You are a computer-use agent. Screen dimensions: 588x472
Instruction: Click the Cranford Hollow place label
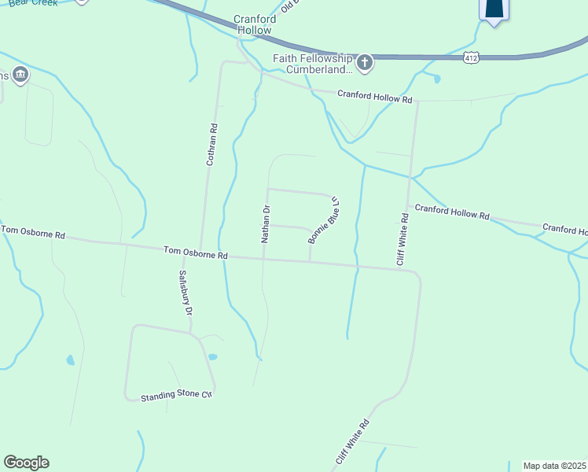coord(252,24)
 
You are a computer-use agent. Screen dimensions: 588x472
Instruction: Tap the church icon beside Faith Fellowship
coord(364,64)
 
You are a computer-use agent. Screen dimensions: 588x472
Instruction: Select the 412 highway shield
coord(471,58)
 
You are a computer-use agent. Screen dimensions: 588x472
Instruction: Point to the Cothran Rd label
coord(211,144)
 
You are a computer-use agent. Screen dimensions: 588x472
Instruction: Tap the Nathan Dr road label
coord(266,223)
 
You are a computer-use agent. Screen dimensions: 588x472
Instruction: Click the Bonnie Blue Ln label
coord(324,219)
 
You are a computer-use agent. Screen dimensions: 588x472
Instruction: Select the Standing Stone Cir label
coord(177,396)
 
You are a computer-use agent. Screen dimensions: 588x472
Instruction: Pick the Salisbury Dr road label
coord(185,293)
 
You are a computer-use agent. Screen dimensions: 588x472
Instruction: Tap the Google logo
coord(26,463)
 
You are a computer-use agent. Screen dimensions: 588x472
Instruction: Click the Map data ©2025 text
coord(554,466)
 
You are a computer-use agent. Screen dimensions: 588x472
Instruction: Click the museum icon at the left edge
coord(20,75)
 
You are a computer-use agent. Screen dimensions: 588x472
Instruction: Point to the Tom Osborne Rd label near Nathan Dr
coord(196,254)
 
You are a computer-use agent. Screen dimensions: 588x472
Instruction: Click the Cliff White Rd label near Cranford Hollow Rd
coord(402,239)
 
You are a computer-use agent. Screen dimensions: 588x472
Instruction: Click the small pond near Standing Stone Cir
coord(212,357)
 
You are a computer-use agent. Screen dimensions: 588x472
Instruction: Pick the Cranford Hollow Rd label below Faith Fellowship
coord(375,98)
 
